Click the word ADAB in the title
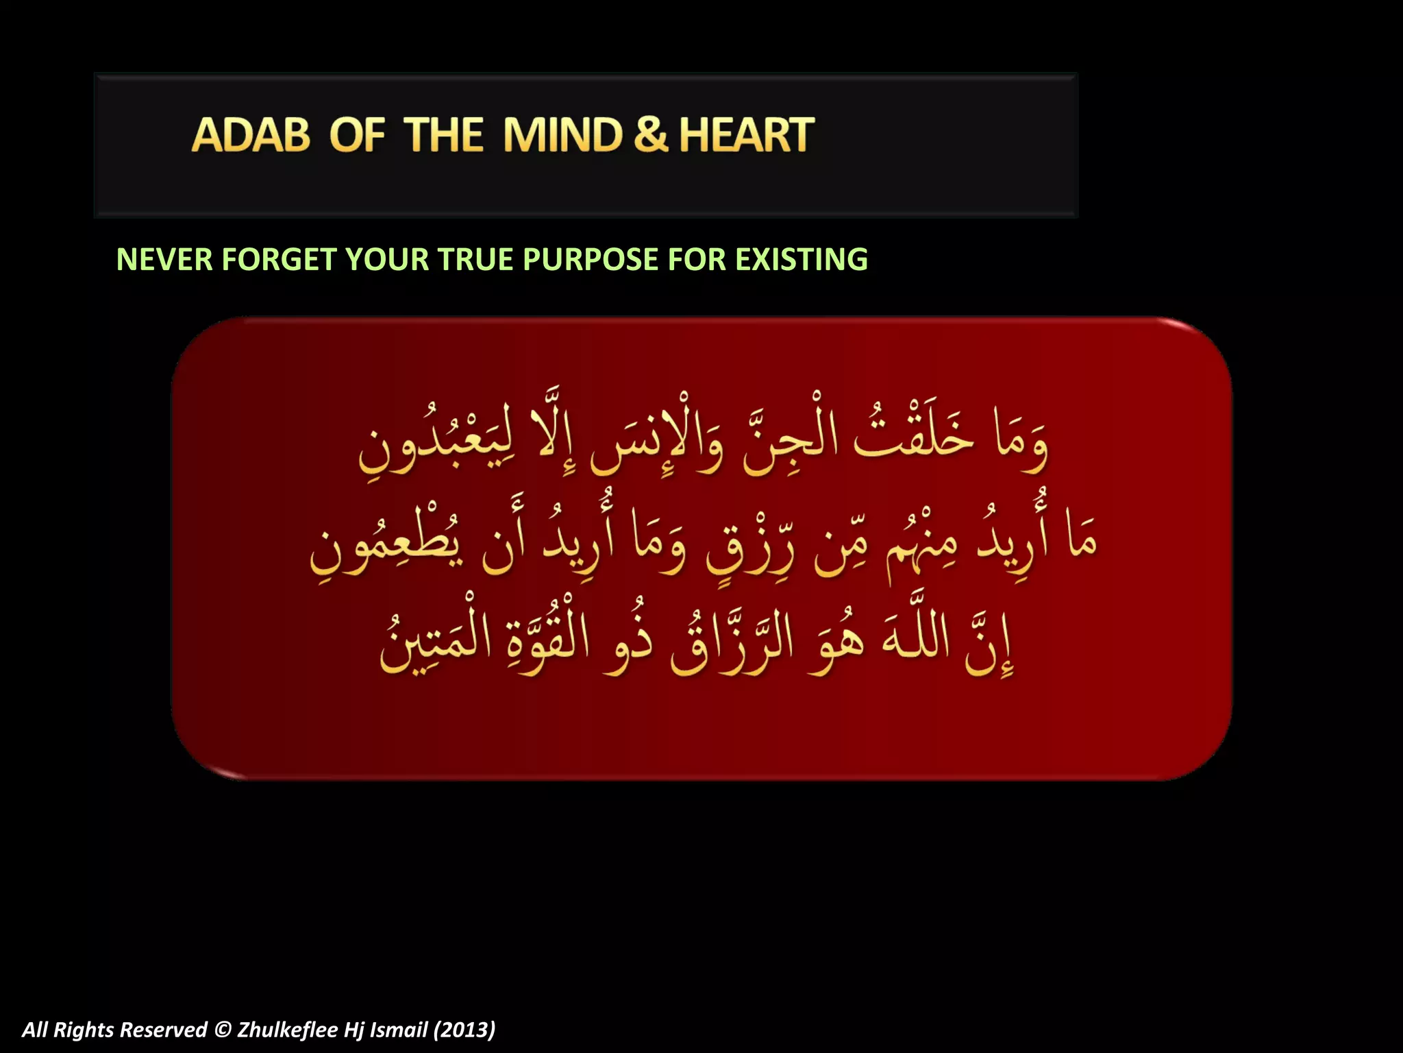pos(251,135)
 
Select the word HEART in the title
pos(746,135)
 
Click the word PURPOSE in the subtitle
pos(591,260)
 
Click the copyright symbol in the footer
pos(223,1030)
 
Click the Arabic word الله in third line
pos(915,638)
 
